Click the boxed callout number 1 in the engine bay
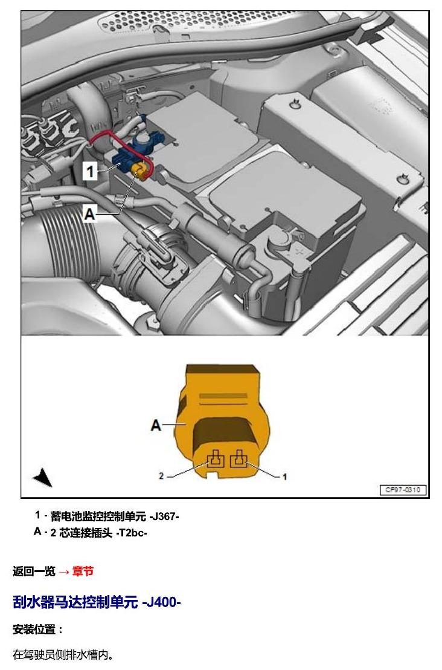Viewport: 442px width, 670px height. (x=90, y=172)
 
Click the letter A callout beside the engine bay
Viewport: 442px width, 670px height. (x=89, y=213)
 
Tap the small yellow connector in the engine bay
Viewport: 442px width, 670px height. (x=140, y=170)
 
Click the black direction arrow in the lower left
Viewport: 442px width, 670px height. (x=43, y=477)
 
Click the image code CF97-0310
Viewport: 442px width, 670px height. (x=403, y=490)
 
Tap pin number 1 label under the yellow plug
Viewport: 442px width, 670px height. (x=284, y=476)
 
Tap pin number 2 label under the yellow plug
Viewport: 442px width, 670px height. (x=161, y=475)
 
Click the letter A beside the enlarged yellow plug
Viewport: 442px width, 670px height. (x=156, y=424)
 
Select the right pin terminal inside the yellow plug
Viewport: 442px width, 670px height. (x=239, y=459)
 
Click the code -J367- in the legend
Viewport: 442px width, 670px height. (x=164, y=516)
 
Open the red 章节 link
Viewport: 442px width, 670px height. (x=83, y=571)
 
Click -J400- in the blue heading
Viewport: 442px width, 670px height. (x=161, y=602)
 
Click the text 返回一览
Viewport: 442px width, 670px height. (x=34, y=571)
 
